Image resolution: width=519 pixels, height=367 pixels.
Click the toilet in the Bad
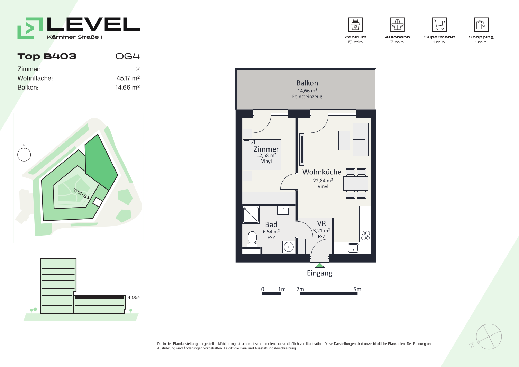(x=252, y=239)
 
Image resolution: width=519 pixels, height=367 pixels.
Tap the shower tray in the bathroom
(x=251, y=215)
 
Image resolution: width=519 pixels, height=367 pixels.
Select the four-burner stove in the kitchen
(x=365, y=236)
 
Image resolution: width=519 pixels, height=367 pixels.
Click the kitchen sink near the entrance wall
(x=353, y=248)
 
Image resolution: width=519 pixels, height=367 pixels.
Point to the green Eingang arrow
(x=320, y=265)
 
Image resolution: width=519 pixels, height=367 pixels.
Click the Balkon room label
(x=307, y=83)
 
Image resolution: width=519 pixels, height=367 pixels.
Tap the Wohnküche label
(x=322, y=172)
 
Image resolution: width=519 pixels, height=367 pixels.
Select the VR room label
(x=321, y=223)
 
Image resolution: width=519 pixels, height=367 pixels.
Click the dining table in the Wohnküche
(x=356, y=183)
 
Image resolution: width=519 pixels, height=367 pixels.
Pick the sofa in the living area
(x=361, y=139)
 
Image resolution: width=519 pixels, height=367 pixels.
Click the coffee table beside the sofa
(x=344, y=140)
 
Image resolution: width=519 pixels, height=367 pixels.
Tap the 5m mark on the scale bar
(x=357, y=289)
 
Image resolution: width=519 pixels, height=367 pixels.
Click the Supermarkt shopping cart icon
(x=439, y=25)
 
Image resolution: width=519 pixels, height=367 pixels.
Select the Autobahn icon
(x=397, y=25)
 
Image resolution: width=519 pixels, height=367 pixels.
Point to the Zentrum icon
(x=355, y=25)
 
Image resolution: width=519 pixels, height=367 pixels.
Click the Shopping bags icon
(x=481, y=25)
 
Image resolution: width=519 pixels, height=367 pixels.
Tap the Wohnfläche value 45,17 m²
(x=128, y=78)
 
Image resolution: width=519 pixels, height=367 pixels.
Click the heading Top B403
(x=47, y=56)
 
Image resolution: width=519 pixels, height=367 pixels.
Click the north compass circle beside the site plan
(x=24, y=155)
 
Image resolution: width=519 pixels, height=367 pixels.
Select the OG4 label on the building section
(x=136, y=297)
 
